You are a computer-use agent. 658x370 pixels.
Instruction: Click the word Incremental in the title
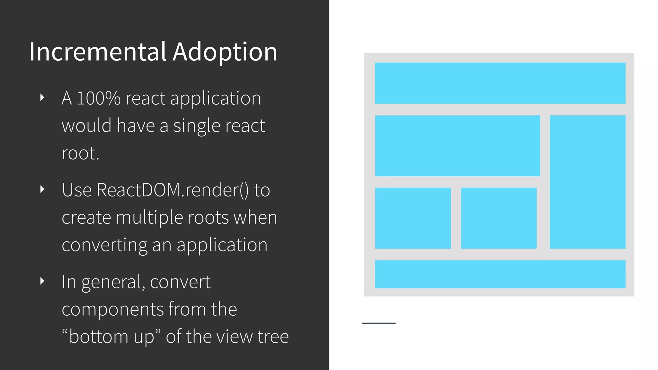click(98, 52)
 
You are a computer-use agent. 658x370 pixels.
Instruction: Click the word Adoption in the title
click(225, 52)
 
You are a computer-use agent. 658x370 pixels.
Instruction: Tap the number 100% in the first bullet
click(98, 98)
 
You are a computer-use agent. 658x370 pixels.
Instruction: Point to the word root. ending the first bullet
click(80, 153)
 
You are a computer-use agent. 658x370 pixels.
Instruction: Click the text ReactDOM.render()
click(172, 190)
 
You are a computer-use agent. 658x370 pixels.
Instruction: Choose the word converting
click(104, 245)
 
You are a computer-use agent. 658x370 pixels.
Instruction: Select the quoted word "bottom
click(95, 337)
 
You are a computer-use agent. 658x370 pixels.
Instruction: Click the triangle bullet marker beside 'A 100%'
click(42, 97)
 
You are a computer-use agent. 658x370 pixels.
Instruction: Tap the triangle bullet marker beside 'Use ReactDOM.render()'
click(42, 189)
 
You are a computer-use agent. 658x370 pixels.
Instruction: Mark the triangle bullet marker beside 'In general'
click(42, 281)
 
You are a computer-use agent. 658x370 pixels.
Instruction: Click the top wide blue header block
click(500, 83)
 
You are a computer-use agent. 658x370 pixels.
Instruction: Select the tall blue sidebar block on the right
click(587, 182)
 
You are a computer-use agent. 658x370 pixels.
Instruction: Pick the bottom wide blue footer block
click(500, 274)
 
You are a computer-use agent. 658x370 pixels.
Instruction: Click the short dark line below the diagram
click(378, 323)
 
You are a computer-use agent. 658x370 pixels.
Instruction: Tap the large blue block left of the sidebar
click(457, 145)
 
